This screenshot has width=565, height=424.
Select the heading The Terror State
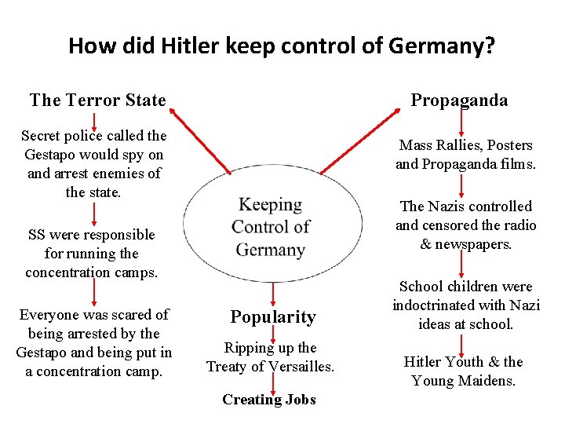click(x=97, y=100)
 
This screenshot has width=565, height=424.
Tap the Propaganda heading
click(x=460, y=100)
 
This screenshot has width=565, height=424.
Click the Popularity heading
click(x=272, y=317)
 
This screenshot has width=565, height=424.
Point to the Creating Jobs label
click(x=269, y=400)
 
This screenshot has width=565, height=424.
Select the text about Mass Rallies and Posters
click(x=465, y=155)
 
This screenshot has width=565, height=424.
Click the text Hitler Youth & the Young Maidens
click(x=463, y=371)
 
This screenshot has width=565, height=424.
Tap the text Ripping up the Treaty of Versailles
click(x=270, y=357)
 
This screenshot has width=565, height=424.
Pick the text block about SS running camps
click(x=92, y=254)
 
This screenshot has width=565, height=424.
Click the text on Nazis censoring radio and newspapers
click(x=466, y=225)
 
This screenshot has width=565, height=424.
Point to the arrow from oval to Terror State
click(x=199, y=141)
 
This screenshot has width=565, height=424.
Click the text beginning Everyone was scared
click(x=94, y=343)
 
